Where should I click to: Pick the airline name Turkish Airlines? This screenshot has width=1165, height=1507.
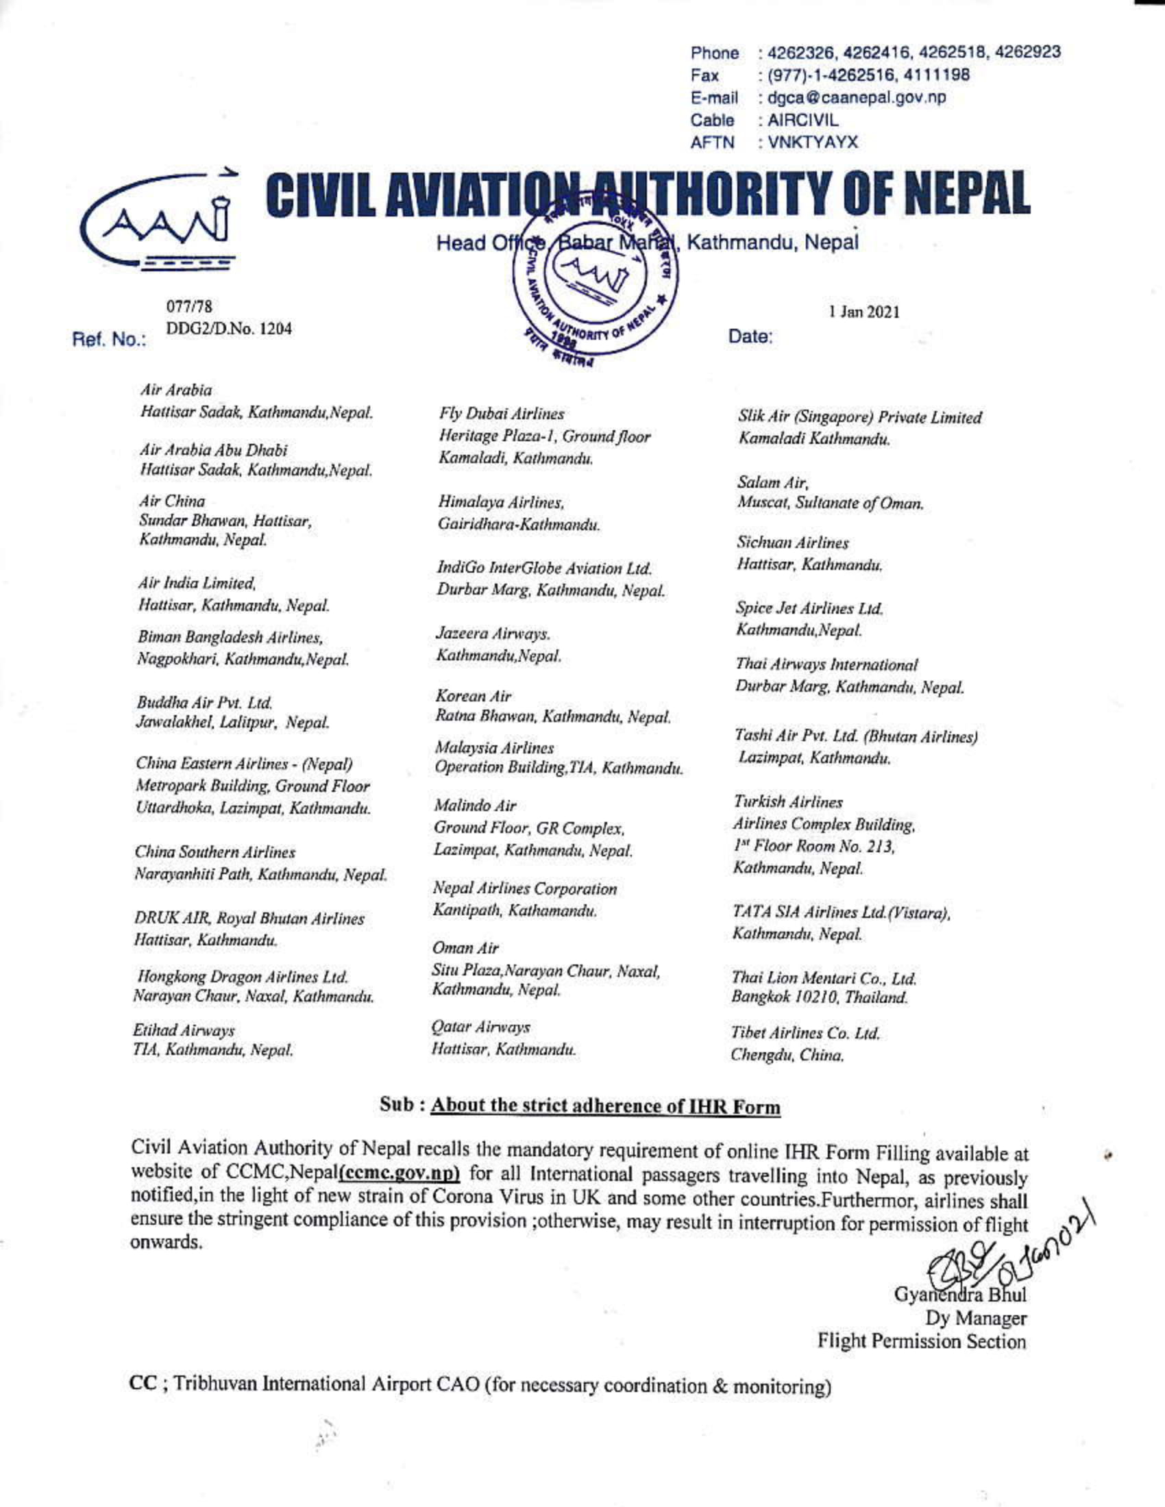(x=787, y=803)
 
